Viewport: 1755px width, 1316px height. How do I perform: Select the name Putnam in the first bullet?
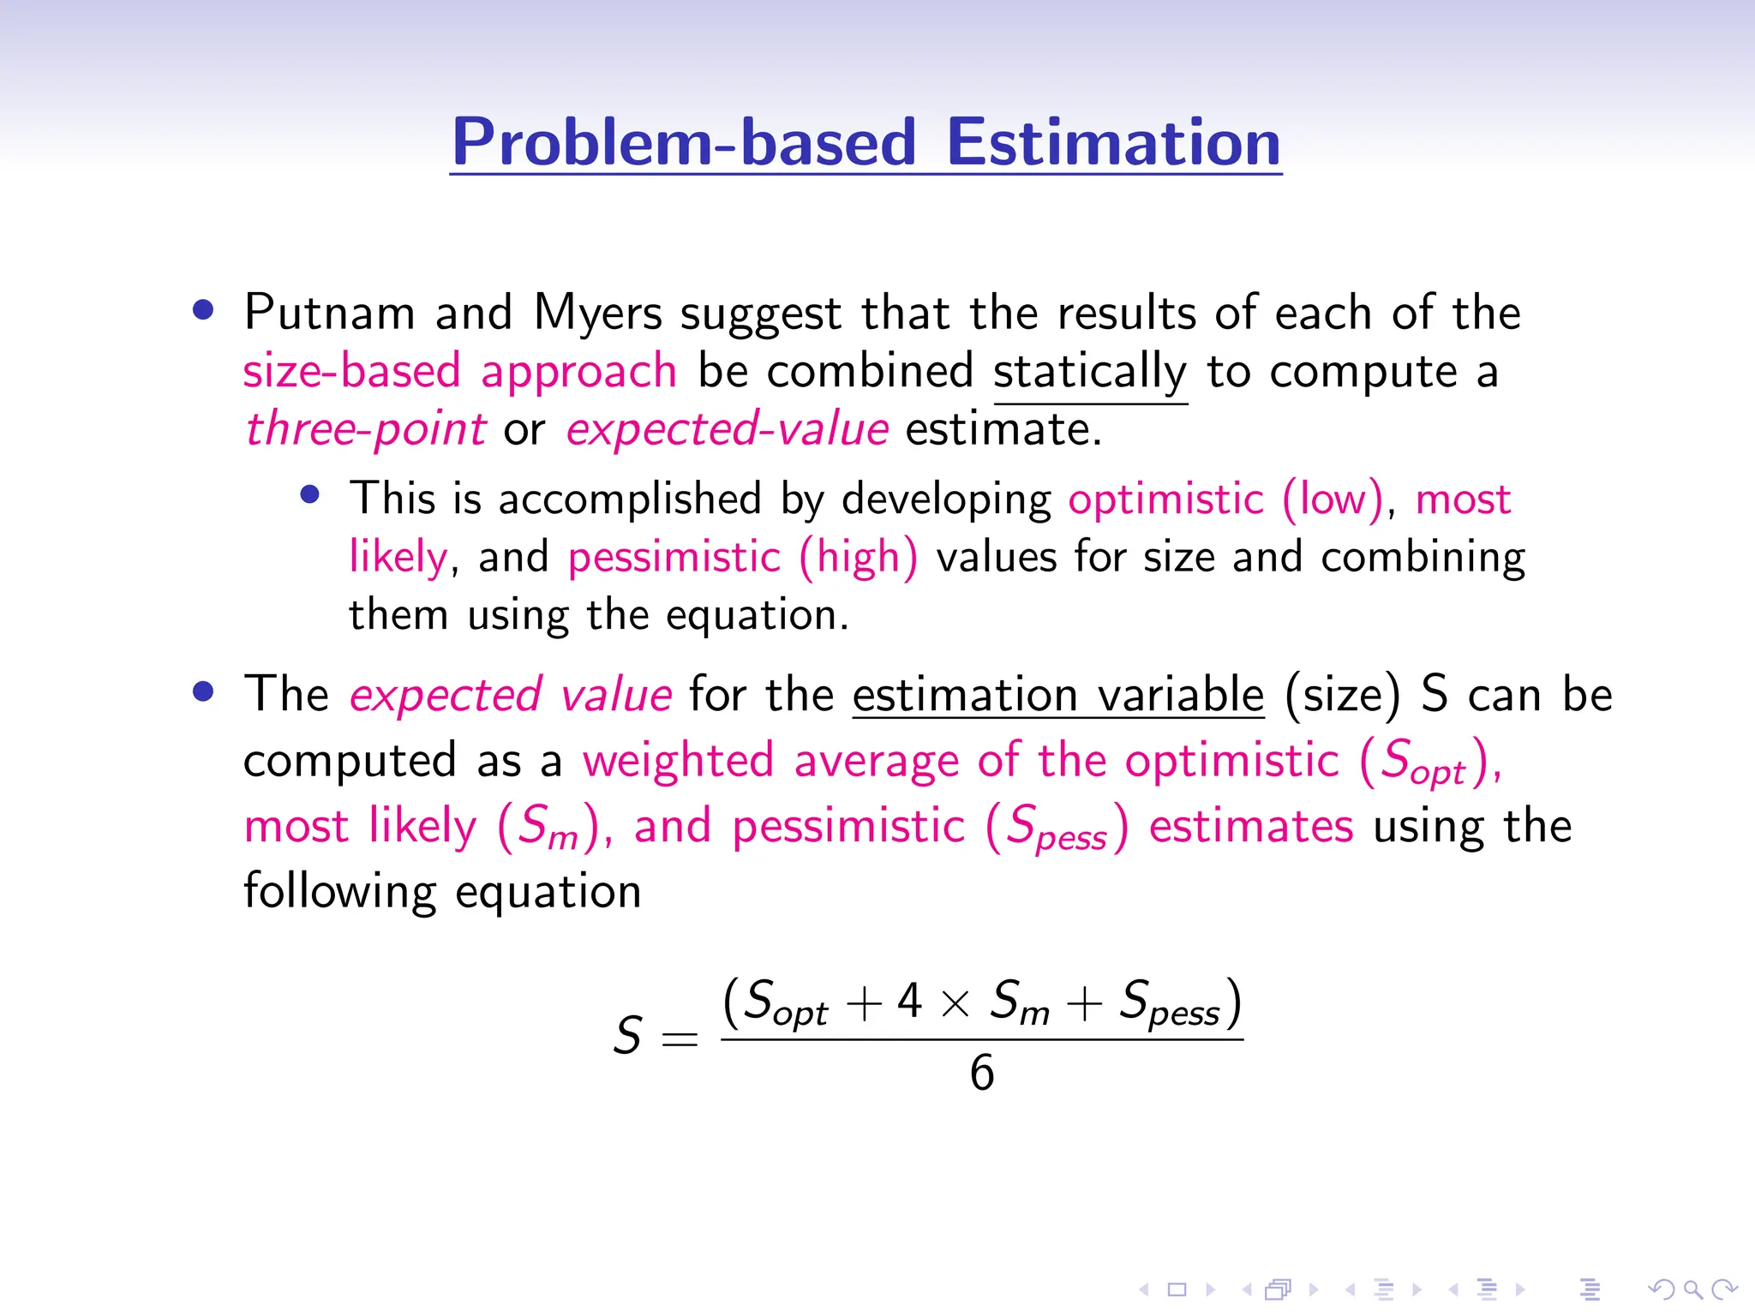click(329, 312)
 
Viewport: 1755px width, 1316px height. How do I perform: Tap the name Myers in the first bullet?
click(597, 314)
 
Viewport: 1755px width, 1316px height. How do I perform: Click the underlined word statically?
click(1089, 373)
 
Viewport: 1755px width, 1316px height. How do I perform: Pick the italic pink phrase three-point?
click(366, 428)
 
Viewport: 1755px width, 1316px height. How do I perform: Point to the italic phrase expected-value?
click(727, 428)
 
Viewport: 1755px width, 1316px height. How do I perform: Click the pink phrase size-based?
click(352, 372)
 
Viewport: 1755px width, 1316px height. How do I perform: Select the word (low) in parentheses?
click(1333, 499)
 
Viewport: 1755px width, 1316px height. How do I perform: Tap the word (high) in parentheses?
click(858, 557)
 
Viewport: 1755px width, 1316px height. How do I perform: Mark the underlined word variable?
click(1180, 694)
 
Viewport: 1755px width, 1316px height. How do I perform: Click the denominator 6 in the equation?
click(981, 1073)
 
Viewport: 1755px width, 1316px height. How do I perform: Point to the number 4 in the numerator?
click(909, 1000)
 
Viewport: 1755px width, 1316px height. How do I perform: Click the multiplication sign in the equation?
click(955, 1003)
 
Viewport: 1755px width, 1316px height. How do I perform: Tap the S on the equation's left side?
click(627, 1035)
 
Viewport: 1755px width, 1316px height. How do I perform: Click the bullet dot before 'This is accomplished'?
click(310, 494)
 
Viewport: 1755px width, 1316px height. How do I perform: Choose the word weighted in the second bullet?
click(678, 761)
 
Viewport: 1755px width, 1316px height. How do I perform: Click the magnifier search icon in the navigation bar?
click(1692, 1289)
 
